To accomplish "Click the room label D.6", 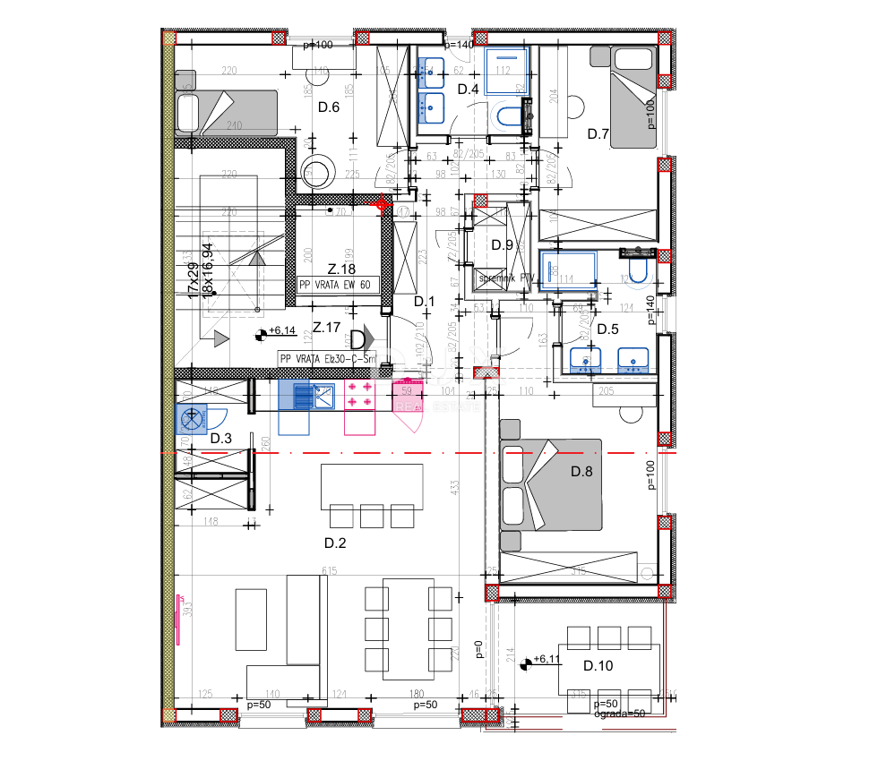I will (x=329, y=107).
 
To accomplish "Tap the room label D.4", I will (x=469, y=89).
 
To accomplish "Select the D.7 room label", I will (x=598, y=134).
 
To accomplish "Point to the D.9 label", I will (x=502, y=245).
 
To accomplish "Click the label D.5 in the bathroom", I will (x=608, y=329).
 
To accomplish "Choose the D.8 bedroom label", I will (x=583, y=471).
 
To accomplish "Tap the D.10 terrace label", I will (x=598, y=665).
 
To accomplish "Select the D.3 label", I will (x=221, y=438).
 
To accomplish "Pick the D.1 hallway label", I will (x=424, y=302).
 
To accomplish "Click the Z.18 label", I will (x=341, y=269).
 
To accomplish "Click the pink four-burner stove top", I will (x=359, y=396).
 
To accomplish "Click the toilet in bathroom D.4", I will (x=507, y=116).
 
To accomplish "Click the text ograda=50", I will (x=619, y=714).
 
